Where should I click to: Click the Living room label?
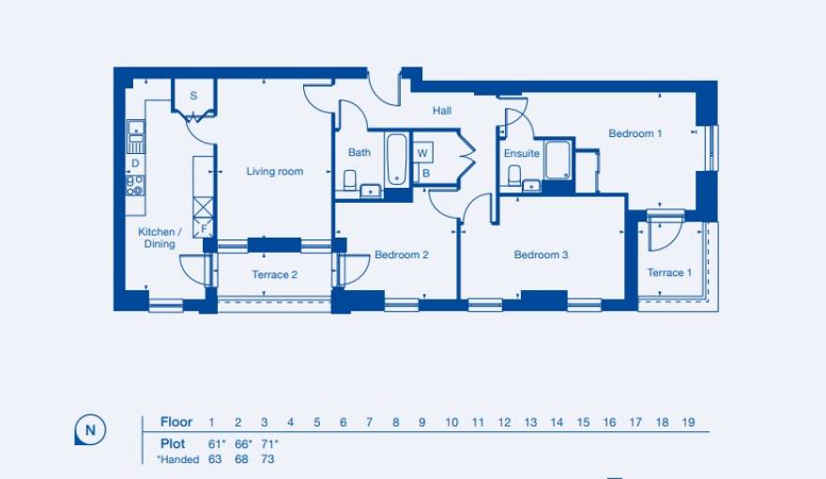point(275,172)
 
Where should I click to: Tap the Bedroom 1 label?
point(635,133)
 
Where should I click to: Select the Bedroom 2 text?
point(402,255)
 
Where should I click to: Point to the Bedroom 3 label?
point(542,255)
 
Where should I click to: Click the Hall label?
point(442,111)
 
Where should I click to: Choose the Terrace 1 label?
point(669,273)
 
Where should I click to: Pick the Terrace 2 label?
point(275,275)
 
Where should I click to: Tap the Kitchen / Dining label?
point(157,238)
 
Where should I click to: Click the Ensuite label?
point(522,153)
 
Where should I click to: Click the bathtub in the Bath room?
point(396,159)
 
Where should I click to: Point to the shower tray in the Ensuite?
point(558,160)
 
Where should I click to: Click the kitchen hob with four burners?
point(136,185)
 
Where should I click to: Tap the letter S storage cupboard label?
point(194,96)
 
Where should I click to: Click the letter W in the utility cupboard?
point(422,153)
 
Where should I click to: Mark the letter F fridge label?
point(204,228)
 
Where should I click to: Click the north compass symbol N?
point(90,431)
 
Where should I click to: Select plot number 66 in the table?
point(239,442)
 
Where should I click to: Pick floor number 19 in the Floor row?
point(688,423)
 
